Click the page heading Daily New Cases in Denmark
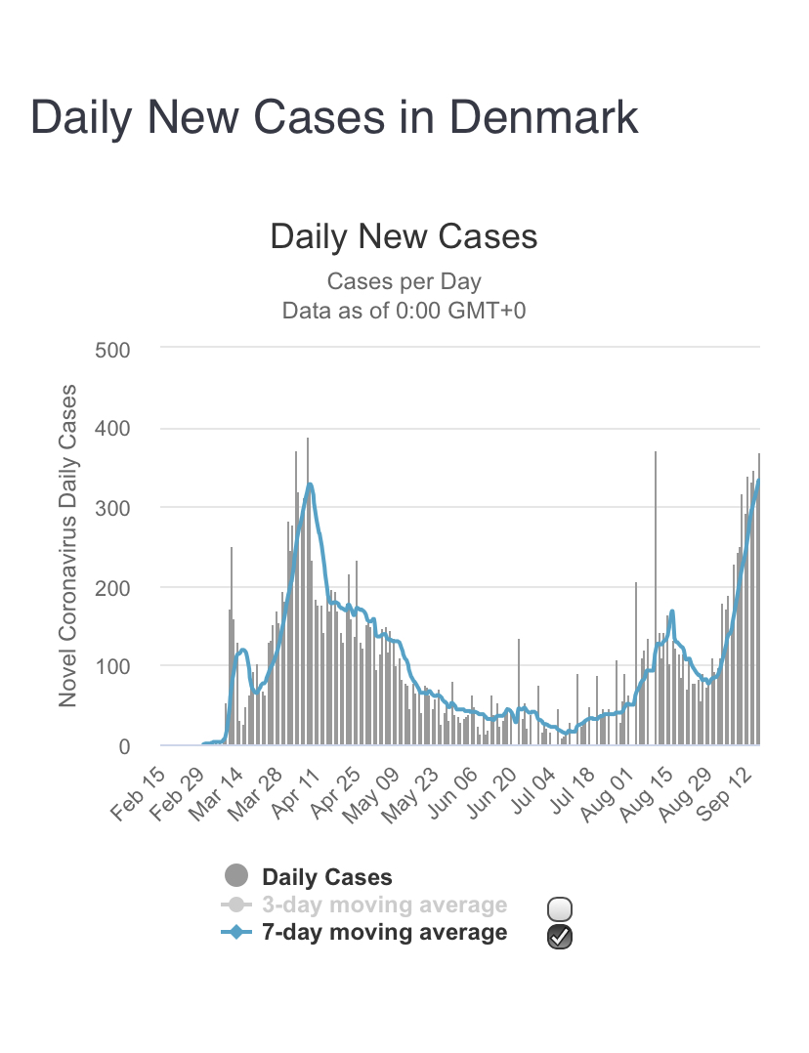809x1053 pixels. click(x=334, y=117)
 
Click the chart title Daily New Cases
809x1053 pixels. click(x=404, y=236)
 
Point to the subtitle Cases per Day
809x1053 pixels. click(x=404, y=282)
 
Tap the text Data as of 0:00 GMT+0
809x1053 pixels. click(x=404, y=311)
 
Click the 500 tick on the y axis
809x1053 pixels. click(x=112, y=349)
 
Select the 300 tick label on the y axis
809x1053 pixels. click(x=112, y=508)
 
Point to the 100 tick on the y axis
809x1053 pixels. click(x=112, y=667)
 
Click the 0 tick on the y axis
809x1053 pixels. click(x=123, y=747)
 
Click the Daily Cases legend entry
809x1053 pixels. click(x=326, y=877)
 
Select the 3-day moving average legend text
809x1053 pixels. click(x=384, y=905)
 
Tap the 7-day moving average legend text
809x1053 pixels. click(x=384, y=932)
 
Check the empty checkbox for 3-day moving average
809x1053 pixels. click(x=560, y=909)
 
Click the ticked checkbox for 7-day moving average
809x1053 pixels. click(x=560, y=936)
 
